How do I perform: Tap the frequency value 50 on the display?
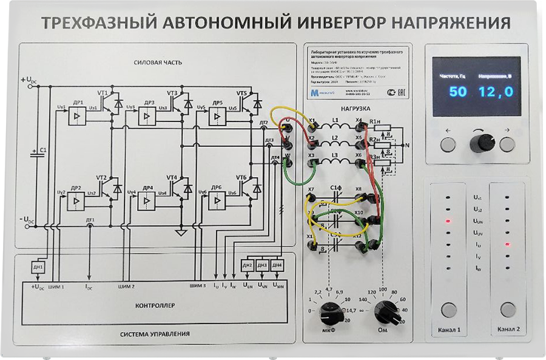coord(458,92)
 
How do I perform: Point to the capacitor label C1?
coord(42,149)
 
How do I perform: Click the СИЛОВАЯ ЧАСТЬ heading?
coord(158,63)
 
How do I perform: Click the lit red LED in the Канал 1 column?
coord(448,220)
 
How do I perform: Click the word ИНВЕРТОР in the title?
coord(331,23)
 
